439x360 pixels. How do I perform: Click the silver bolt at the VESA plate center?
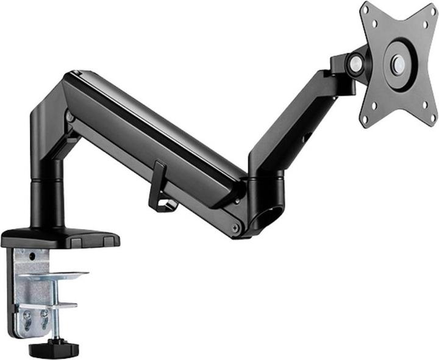(x=398, y=63)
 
